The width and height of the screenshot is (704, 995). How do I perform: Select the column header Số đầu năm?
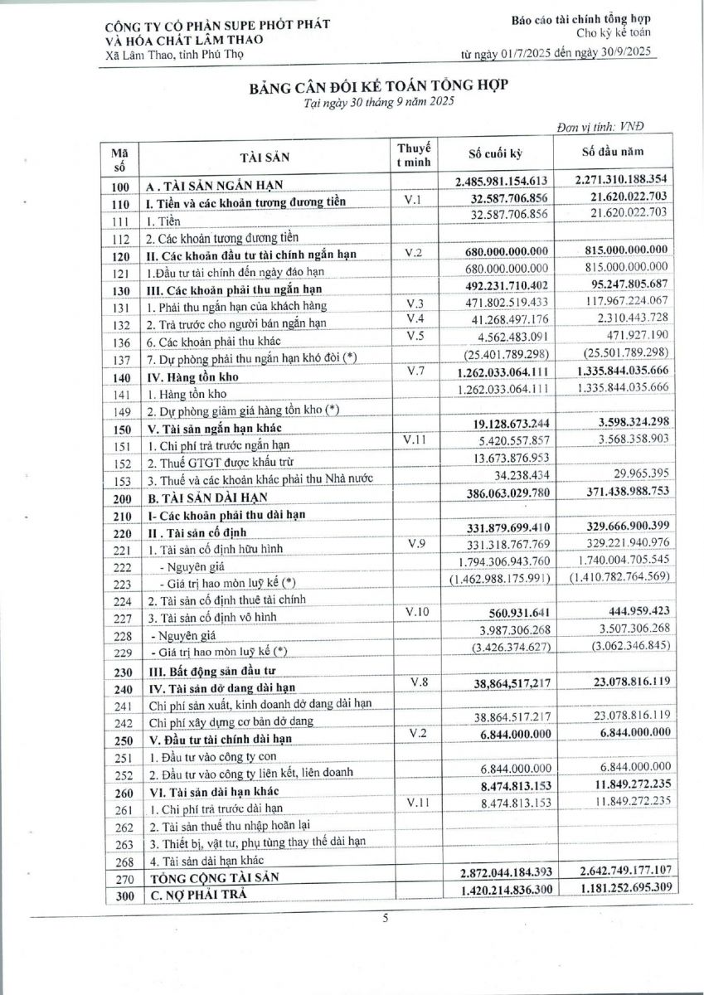[x=613, y=154]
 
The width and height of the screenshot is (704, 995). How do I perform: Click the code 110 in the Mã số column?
[x=121, y=202]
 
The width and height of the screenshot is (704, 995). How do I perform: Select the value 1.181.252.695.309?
[x=613, y=890]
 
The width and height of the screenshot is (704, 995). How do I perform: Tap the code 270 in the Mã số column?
[x=121, y=877]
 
